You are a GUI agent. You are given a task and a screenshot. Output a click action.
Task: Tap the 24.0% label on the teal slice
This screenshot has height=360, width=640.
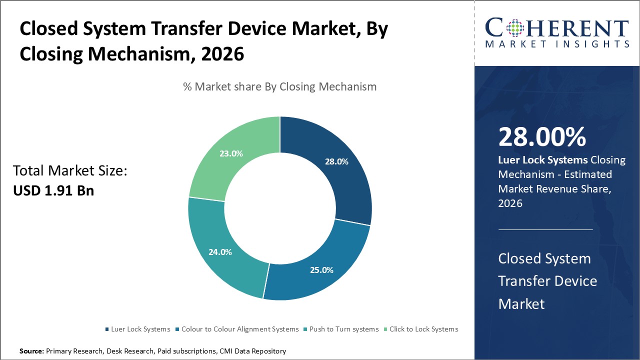pos(220,252)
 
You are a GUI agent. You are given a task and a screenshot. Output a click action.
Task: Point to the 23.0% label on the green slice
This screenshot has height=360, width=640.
pos(231,153)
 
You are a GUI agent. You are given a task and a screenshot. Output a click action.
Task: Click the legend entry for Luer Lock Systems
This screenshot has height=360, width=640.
pos(137,329)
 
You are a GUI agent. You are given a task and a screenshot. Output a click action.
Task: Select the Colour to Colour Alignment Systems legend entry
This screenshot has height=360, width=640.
pos(236,329)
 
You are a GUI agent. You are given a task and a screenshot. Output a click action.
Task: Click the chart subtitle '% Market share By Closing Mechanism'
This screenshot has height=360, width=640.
pos(279,86)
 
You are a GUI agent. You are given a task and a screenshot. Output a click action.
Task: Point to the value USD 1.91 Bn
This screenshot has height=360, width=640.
pos(53,190)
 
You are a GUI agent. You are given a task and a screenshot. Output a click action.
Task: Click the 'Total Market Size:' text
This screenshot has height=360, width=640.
pos(70,171)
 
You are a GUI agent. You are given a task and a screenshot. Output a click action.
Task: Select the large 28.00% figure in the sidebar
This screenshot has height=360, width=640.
pos(542,136)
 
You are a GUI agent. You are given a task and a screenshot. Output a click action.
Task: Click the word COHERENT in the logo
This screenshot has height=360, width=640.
pos(556,28)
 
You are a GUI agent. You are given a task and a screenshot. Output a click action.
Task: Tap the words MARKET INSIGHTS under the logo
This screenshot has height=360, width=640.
pos(556,44)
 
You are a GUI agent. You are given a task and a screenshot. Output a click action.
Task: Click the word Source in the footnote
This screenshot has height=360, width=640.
pos(31,351)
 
